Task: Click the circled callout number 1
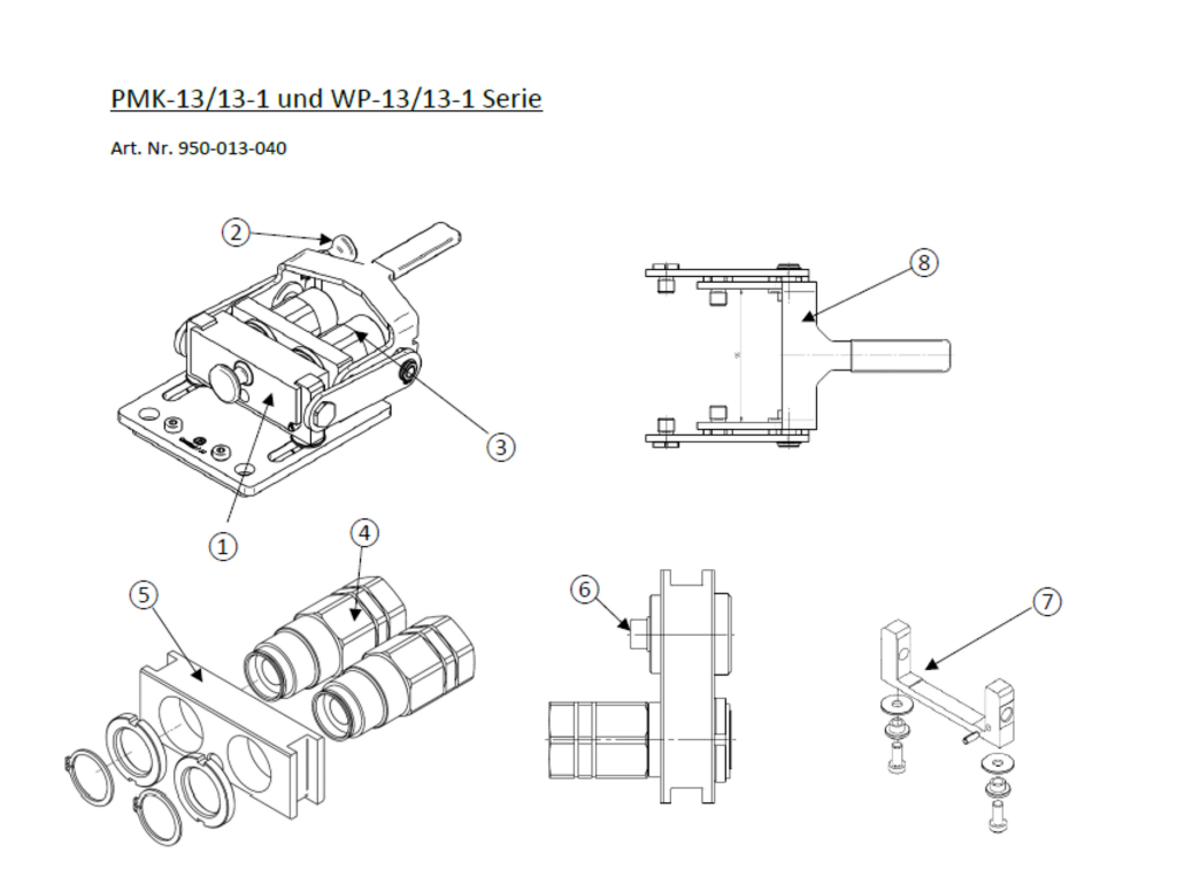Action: click(x=223, y=547)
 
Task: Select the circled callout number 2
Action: click(x=236, y=232)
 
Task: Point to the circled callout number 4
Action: click(x=364, y=533)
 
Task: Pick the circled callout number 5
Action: click(x=143, y=594)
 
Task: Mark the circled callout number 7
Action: click(x=1047, y=602)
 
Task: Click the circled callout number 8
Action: click(x=924, y=263)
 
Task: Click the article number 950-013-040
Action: click(x=232, y=148)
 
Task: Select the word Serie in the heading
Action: click(x=512, y=99)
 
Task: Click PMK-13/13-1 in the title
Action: click(x=190, y=99)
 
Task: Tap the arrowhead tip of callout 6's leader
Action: click(x=629, y=627)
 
